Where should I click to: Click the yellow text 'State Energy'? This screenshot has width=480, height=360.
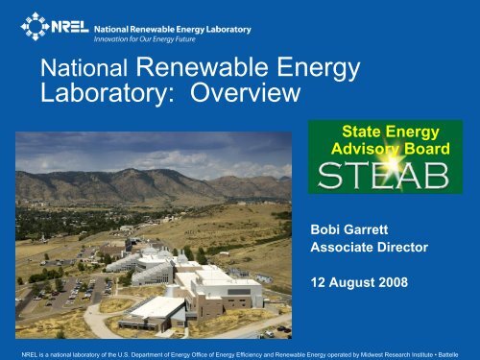click(x=395, y=132)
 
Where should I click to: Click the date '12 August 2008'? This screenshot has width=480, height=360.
click(x=360, y=283)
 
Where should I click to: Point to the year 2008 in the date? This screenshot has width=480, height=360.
click(x=392, y=283)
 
